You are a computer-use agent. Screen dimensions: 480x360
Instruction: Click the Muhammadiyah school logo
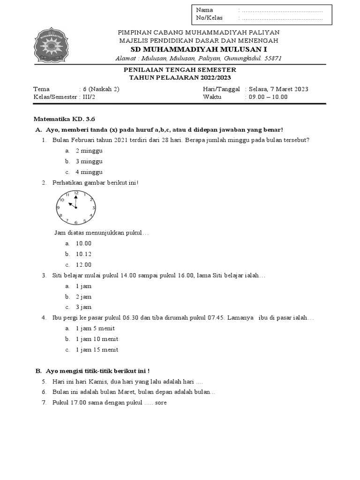(52, 45)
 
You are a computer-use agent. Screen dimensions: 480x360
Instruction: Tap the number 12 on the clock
(76, 193)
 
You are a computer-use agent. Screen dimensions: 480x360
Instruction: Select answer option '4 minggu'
(89, 172)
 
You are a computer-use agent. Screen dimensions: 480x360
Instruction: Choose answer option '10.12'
(83, 254)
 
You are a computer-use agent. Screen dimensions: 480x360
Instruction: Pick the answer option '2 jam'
(83, 297)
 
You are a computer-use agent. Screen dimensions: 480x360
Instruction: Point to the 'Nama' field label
(204, 10)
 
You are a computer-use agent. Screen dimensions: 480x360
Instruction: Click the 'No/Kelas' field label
(210, 18)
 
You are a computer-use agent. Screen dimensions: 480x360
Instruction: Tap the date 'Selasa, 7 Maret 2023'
(278, 89)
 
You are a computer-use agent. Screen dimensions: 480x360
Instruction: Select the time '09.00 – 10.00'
(266, 97)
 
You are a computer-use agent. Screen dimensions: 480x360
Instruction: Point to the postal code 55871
(273, 58)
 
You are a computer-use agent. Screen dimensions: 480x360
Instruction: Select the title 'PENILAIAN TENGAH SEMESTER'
(180, 69)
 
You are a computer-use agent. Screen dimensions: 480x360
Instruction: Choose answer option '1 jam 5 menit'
(95, 329)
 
